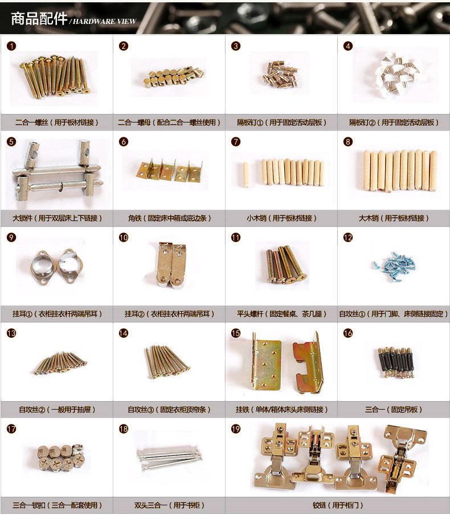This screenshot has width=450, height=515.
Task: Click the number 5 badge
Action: pyautogui.click(x=11, y=141)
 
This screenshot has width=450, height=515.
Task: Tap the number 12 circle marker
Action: pyautogui.click(x=348, y=238)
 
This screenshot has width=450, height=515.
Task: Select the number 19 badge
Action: pyautogui.click(x=236, y=429)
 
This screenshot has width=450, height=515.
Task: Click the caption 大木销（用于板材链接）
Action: pyautogui.click(x=394, y=218)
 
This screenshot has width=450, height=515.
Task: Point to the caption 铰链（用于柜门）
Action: pyautogui.click(x=338, y=505)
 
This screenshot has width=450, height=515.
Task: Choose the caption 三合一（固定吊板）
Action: pyautogui.click(x=394, y=410)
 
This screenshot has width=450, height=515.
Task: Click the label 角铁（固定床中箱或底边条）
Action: pyautogui.click(x=169, y=218)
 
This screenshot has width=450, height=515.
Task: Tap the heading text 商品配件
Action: pyautogui.click(x=39, y=18)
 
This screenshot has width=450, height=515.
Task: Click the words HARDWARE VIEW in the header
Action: pyautogui.click(x=105, y=22)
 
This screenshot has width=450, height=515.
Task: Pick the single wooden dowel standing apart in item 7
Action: pyautogui.click(x=246, y=174)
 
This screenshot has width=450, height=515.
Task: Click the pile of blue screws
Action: pyautogui.click(x=394, y=267)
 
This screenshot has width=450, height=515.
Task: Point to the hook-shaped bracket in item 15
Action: pyautogui.click(x=308, y=363)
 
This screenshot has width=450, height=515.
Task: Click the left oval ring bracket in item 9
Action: pyautogui.click(x=43, y=267)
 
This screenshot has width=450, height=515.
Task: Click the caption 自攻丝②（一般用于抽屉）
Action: pyautogui.click(x=57, y=410)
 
